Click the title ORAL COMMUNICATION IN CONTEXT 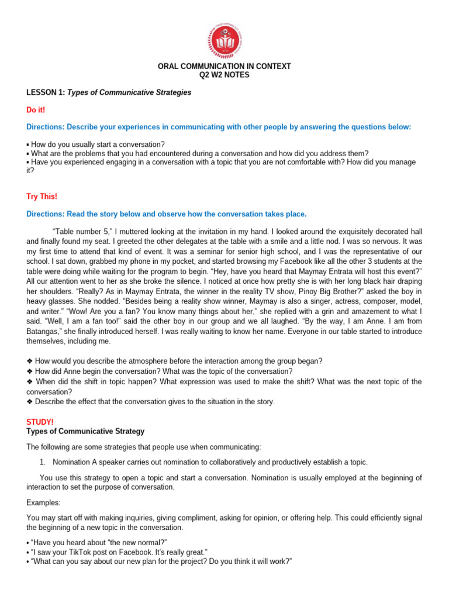pyautogui.click(x=224, y=67)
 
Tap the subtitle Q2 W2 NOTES pyautogui.click(x=224, y=75)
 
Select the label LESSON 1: pyautogui.click(x=46, y=92)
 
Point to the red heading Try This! pyautogui.click(x=42, y=197)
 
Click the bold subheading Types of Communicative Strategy pyautogui.click(x=85, y=431)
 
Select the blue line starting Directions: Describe pyautogui.click(x=219, y=127)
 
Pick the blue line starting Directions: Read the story pyautogui.click(x=166, y=214)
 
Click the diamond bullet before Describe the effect pyautogui.click(x=30, y=402)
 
